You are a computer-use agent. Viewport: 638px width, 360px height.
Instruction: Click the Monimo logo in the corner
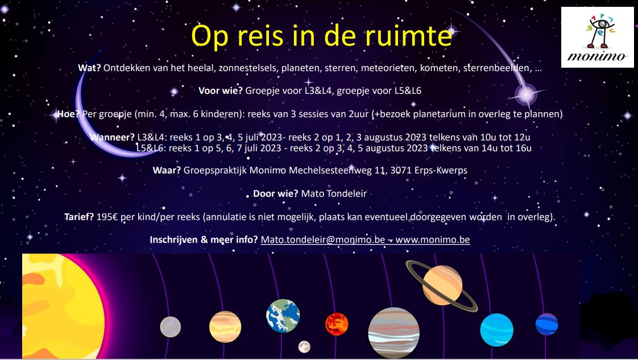coord(597,37)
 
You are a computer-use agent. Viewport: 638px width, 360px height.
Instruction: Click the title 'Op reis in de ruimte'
coord(321,35)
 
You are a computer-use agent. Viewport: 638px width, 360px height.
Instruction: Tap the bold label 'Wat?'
coord(89,68)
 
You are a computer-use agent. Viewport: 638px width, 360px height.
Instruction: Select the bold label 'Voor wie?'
coord(221,90)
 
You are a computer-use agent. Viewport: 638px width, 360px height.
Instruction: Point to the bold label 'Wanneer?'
coord(112,137)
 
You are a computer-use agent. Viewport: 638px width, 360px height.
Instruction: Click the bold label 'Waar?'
coord(167,170)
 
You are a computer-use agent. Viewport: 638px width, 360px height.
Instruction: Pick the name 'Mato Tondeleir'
coord(334,193)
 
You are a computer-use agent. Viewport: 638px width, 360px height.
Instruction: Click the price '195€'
coord(108,217)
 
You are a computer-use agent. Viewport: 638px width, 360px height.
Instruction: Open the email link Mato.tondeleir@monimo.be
coord(324,239)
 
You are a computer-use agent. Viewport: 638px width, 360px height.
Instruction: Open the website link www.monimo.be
coord(432,239)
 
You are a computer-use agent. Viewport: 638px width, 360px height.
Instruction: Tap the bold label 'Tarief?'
coord(79,217)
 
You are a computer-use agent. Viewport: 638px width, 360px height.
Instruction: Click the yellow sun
coord(57,307)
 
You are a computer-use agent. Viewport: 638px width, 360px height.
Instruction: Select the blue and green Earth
coord(283,315)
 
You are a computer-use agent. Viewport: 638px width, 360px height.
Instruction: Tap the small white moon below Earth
coord(304,346)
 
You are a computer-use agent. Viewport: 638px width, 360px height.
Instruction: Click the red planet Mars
coord(337,324)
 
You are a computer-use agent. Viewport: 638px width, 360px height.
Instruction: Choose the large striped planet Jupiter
coord(393,333)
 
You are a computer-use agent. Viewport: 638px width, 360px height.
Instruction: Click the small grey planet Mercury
coord(170,326)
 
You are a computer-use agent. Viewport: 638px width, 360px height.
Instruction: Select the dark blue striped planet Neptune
coord(546,324)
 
